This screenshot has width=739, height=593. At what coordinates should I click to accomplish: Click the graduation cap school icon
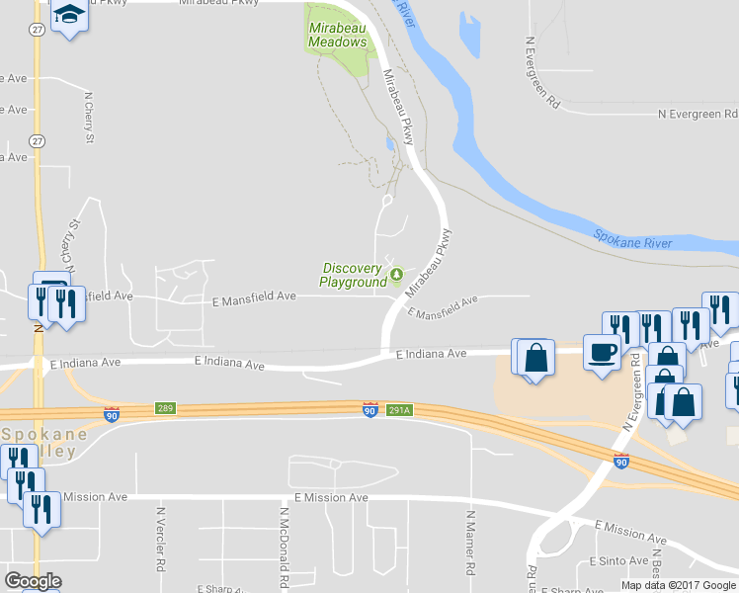click(x=69, y=15)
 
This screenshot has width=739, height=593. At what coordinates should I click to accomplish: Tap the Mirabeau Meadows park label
click(x=338, y=36)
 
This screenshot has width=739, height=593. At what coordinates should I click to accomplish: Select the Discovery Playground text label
click(x=353, y=275)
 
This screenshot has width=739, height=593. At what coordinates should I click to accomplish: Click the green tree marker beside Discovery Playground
click(x=396, y=274)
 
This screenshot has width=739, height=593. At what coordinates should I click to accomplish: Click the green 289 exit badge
click(x=165, y=408)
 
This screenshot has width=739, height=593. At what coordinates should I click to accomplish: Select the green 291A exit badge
click(x=398, y=409)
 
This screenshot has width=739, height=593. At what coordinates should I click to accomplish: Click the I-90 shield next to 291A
click(x=369, y=409)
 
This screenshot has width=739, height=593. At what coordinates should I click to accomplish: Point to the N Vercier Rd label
click(x=159, y=542)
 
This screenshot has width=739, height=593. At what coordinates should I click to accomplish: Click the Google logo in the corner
click(x=33, y=581)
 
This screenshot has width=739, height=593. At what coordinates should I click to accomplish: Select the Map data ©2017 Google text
click(x=677, y=585)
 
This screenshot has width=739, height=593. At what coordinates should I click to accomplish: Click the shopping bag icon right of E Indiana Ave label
click(x=534, y=358)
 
